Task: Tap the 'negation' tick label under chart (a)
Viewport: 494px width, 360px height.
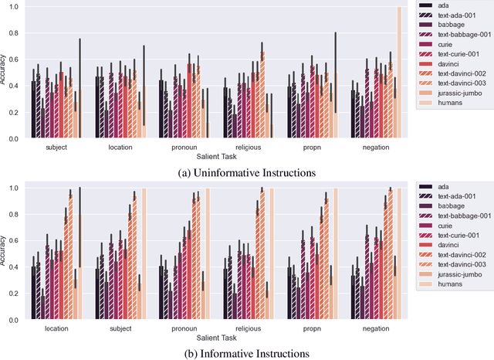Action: pos(374,145)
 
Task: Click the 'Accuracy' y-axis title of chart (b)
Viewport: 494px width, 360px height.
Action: pos(5,253)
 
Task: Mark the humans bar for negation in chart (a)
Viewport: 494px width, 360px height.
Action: pos(399,73)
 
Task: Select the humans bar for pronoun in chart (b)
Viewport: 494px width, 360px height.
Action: pos(208,255)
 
